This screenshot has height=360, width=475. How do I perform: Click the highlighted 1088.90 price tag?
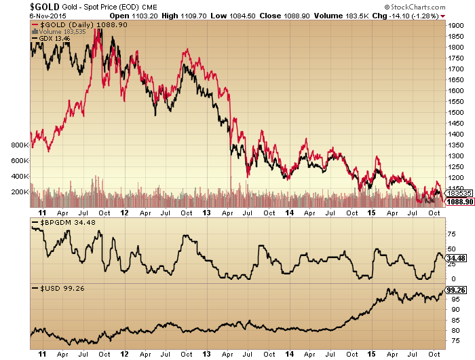[x=456, y=202]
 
